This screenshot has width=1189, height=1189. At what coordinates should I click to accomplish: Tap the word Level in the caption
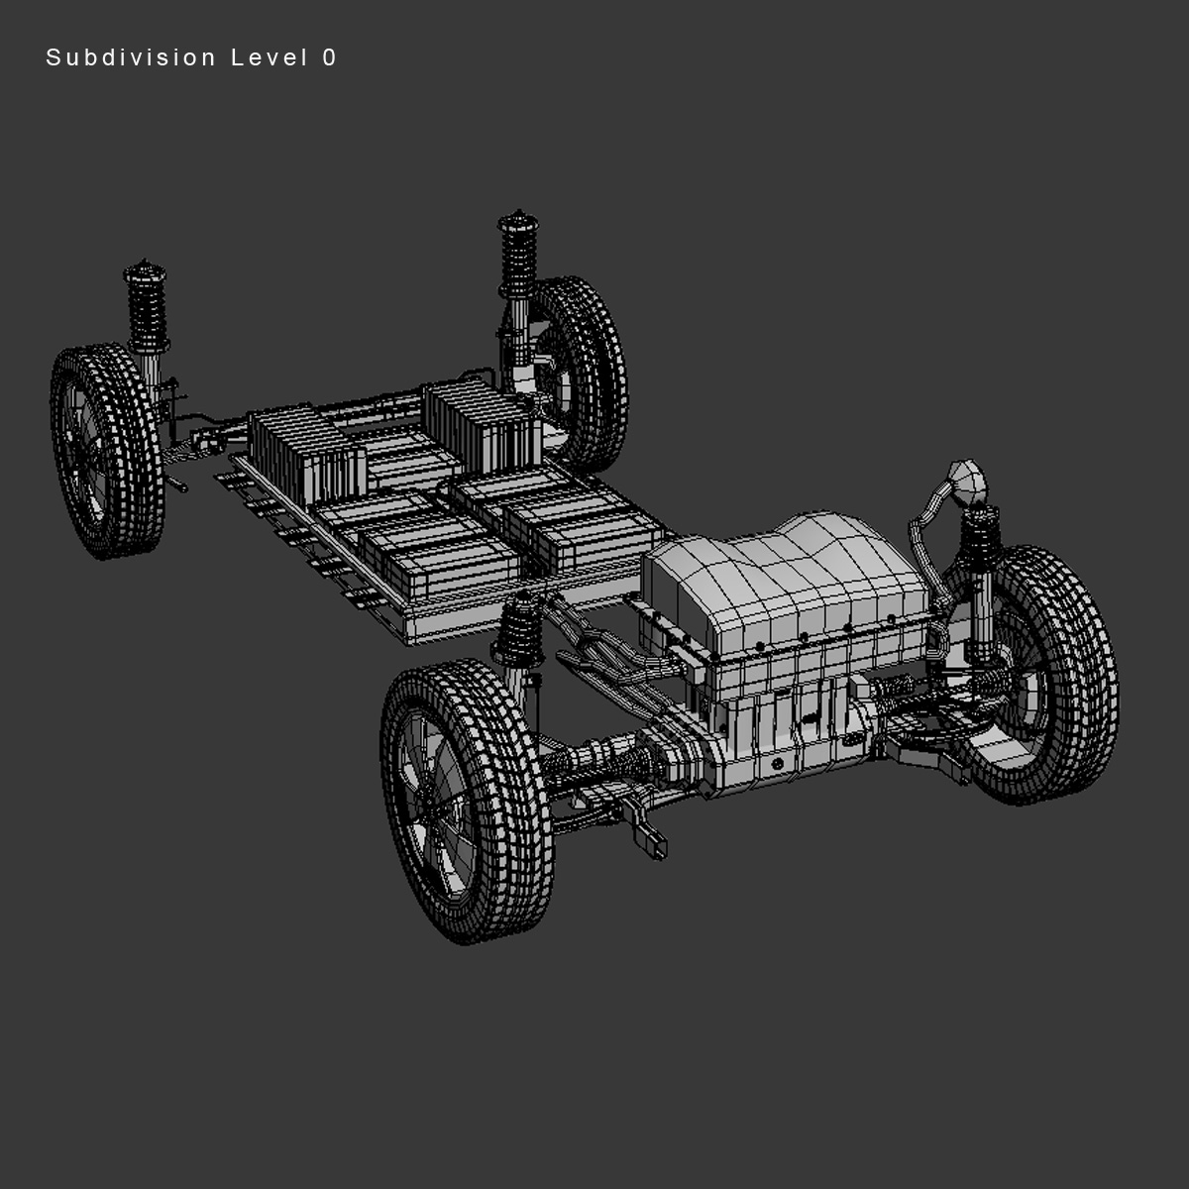(270, 58)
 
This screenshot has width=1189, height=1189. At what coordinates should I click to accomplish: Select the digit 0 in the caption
(329, 58)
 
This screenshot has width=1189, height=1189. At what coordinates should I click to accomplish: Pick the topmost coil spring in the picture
(516, 253)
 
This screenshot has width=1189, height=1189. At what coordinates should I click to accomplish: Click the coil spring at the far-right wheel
(979, 545)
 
